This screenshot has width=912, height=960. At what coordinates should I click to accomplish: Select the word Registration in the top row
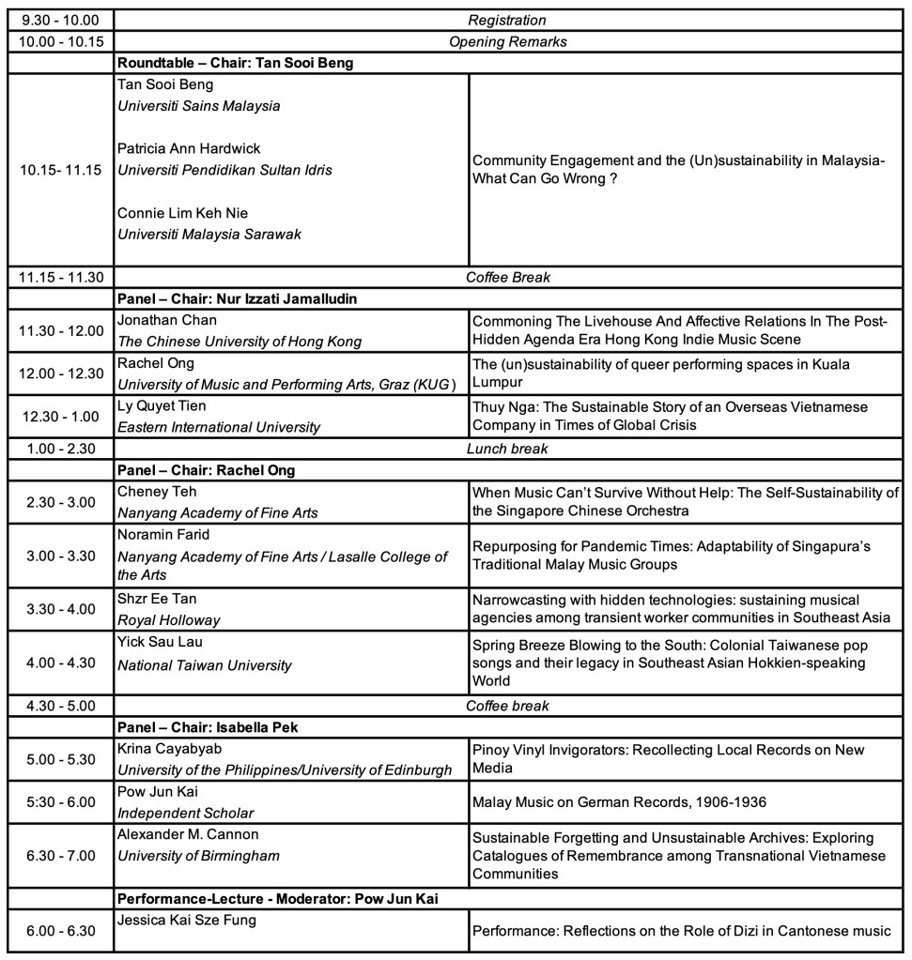coord(506,20)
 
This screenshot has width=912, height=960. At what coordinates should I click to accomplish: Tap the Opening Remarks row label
coord(507,41)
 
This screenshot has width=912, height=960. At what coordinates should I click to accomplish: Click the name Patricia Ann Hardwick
coord(189,148)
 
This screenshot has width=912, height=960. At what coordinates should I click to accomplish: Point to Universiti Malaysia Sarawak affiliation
coord(209,234)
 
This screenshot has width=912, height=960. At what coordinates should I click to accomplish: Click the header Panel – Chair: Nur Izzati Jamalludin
coord(239,298)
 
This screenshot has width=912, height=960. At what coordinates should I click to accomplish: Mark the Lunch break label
coord(507,449)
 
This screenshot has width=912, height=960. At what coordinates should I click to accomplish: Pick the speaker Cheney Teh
coord(158,491)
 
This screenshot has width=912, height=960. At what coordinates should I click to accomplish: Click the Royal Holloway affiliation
coord(168,619)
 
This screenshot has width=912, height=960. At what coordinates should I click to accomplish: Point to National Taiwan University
coord(205,665)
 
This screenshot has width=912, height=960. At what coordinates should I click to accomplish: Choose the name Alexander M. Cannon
coord(188,834)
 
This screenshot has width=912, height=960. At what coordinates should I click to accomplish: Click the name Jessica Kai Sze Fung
coord(187,920)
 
